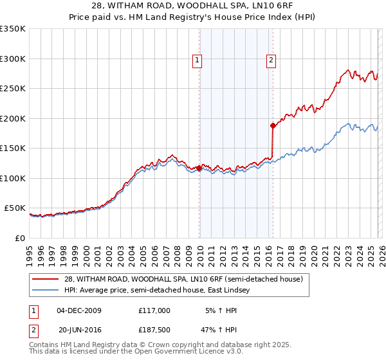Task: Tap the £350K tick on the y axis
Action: click(13, 29)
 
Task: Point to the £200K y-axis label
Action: click(13, 118)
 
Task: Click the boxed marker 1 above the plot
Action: click(197, 61)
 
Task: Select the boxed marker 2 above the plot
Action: click(271, 61)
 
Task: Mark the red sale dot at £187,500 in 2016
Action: click(273, 126)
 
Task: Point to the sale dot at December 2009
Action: click(199, 168)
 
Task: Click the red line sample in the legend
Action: click(46, 279)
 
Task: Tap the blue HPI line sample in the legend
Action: click(46, 291)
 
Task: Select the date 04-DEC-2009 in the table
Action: click(79, 310)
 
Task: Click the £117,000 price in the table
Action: click(154, 310)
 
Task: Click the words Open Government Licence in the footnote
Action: click(181, 353)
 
